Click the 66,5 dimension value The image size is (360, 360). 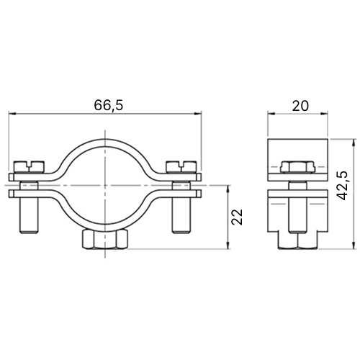click(109, 105)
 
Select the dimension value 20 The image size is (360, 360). click(300, 106)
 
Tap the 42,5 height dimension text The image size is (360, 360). click(342, 186)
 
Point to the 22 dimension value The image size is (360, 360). click(237, 217)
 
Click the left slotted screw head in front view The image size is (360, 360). click(30, 166)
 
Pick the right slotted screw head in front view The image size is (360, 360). click(181, 166)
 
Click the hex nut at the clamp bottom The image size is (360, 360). click(104, 239)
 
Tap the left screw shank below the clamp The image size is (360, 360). click(29, 215)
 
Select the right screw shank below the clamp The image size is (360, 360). click(181, 215)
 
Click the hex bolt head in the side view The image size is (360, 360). click(297, 167)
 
